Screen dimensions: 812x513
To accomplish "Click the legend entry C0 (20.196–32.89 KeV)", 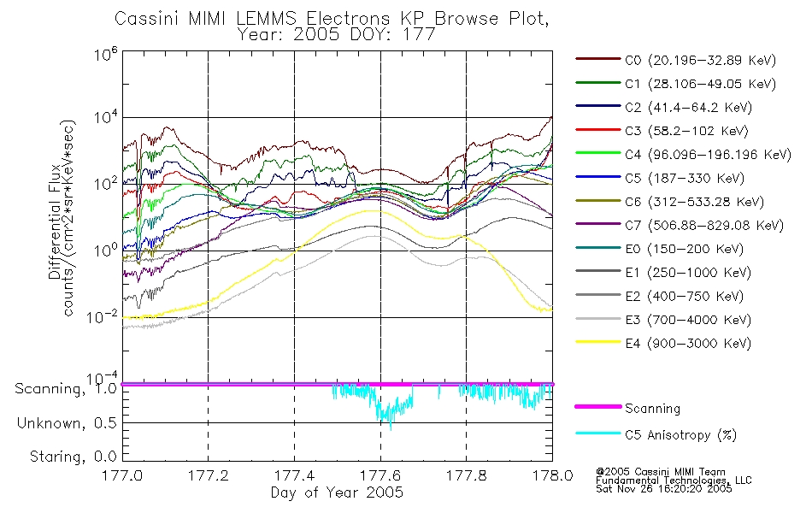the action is coord(676,60).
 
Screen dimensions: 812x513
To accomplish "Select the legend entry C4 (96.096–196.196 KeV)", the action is coord(684,155).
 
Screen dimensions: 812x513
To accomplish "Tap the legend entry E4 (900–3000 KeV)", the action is coord(663,343).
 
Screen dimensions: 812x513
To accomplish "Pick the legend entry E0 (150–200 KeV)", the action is coord(660,249).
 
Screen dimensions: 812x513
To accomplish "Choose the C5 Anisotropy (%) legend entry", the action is coord(656,434).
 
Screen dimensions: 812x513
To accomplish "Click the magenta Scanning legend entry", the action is coord(627,409).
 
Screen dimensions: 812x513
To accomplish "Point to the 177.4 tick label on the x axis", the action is coord(294,475).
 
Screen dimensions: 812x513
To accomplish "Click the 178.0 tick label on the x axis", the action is coord(552,475).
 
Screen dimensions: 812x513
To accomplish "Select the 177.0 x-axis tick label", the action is coord(122,475).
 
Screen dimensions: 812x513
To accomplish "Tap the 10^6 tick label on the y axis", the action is coord(106,53).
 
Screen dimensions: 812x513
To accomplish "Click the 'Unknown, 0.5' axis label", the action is coord(67,423).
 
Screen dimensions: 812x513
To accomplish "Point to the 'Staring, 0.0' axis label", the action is coord(73,457).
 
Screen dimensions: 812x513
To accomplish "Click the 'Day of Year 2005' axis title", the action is coord(337,492).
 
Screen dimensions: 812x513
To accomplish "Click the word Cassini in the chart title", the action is coord(147,19).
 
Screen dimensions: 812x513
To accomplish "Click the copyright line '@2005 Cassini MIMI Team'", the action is coord(660,472).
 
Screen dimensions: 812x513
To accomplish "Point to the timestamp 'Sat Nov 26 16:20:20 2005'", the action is coord(664,488).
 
